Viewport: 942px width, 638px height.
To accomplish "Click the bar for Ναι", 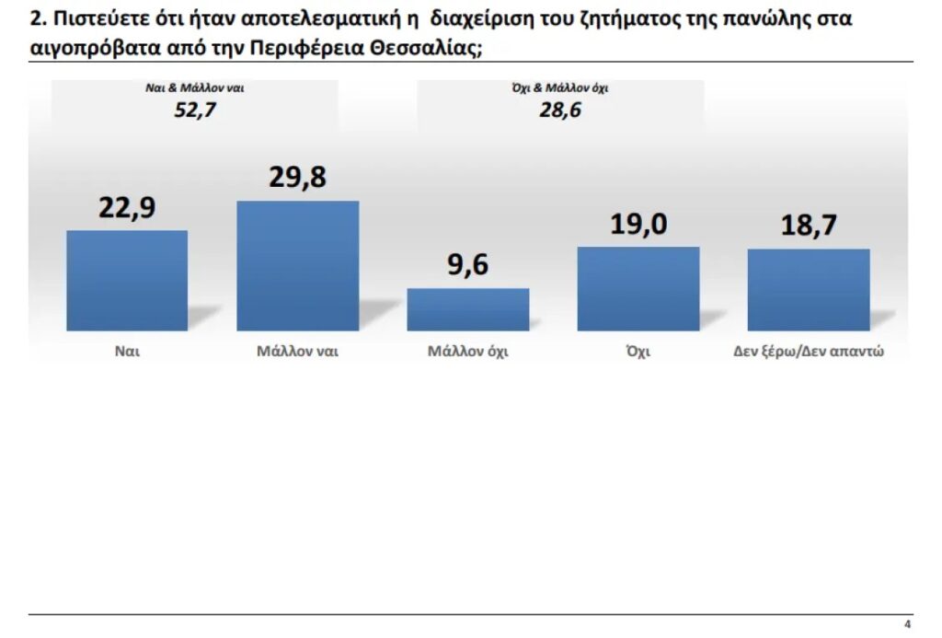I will (x=127, y=280).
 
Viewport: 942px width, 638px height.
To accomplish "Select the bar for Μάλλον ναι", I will (x=297, y=265).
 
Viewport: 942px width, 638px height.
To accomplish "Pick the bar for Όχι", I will (x=638, y=288).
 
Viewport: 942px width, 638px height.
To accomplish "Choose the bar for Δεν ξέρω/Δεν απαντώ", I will (x=808, y=289).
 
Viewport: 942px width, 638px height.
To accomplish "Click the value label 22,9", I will (x=127, y=207).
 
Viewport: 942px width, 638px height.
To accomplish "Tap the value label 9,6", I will (x=468, y=265).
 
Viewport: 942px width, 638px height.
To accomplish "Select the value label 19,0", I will (x=638, y=225).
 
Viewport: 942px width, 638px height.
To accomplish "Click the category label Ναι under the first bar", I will (x=127, y=352).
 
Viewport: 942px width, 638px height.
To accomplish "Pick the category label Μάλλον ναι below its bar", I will (x=297, y=352).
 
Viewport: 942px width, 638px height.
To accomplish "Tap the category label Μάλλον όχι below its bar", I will (x=467, y=352).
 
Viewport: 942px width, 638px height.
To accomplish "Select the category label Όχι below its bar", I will (x=638, y=352).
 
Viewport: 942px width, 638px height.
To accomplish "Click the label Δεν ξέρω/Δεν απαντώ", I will (x=809, y=352).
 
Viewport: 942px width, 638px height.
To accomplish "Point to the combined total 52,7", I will (x=195, y=111).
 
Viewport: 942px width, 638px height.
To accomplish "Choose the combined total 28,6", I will (x=561, y=111).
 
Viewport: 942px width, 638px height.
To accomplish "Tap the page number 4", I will (x=907, y=624).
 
